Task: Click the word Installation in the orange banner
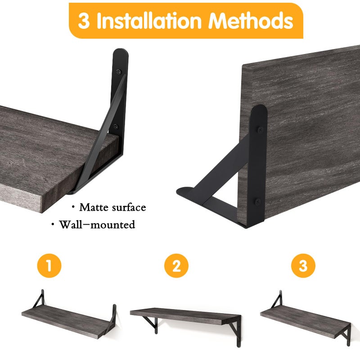coord(149,21)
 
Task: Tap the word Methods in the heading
coord(251,21)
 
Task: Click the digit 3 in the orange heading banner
coord(84,21)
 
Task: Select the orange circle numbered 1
coord(49,265)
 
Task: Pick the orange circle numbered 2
coord(176,265)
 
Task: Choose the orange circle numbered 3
coord(303,265)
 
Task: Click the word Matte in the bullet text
coord(94,207)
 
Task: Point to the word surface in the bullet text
coord(129,207)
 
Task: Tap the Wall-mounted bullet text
coord(97,225)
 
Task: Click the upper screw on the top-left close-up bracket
coord(119,72)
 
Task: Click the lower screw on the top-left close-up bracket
coord(116,126)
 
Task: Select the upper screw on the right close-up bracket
coord(260,130)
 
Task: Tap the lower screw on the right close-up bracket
coord(258,202)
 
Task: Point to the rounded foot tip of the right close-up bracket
coord(180,191)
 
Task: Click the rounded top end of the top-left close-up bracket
coord(121,52)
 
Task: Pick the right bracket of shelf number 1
coord(112,317)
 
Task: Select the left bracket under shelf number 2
coord(152,324)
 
